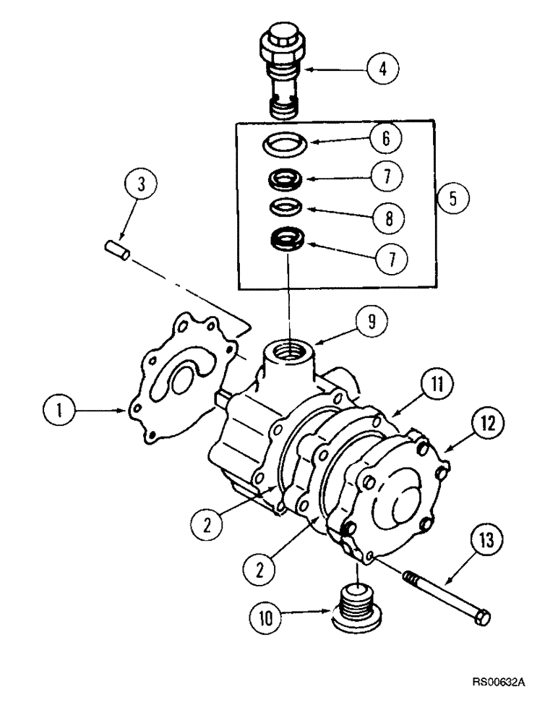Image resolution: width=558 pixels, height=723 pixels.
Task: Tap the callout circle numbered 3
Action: [141, 184]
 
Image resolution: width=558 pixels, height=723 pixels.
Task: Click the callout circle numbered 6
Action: [385, 139]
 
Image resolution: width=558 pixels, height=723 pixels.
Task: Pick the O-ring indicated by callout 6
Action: [287, 143]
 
